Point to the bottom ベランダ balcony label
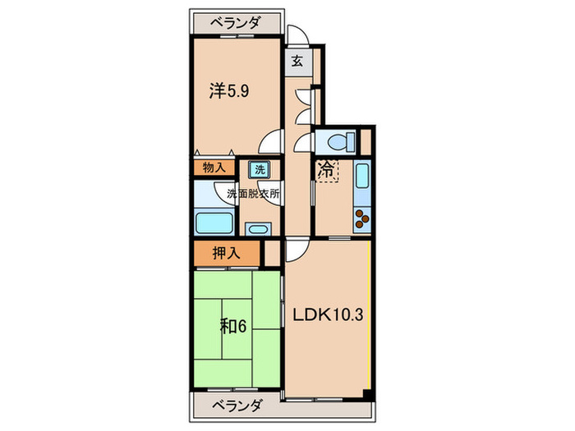pos(237,406)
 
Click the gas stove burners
pos(361,219)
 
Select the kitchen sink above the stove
pos(361,177)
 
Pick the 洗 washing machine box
pos(259,170)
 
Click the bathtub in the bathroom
pos(214,223)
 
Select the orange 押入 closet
pos(228,253)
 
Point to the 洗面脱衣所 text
pos(254,195)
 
